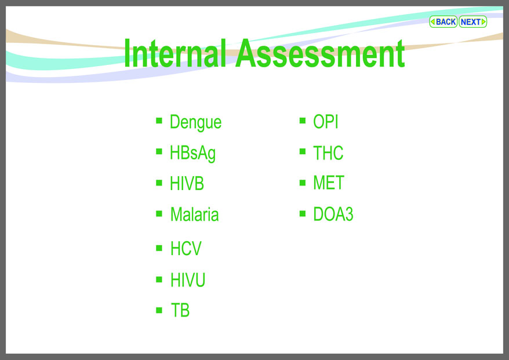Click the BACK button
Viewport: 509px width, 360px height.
pos(443,22)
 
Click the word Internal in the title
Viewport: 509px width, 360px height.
pos(175,53)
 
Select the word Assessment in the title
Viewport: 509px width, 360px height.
pos(320,53)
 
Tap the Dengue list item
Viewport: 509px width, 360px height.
pos(195,122)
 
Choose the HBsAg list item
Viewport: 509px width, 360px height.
pos(192,153)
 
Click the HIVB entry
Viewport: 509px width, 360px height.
pos(187,183)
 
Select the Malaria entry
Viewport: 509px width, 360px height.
pos(194,214)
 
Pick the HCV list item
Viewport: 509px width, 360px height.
pos(186,248)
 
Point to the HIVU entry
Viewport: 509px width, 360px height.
pos(188,279)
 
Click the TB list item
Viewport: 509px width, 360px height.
pos(180,310)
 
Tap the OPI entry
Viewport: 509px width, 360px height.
pos(326,122)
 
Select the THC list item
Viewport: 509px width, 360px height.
pos(328,153)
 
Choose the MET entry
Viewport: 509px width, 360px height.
pos(329,183)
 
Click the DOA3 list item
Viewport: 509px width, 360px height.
pos(333,214)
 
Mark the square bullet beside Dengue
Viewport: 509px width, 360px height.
pos(159,121)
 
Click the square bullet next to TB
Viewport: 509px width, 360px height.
pos(159,310)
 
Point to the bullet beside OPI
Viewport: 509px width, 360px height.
pos(303,121)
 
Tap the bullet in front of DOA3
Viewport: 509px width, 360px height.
pos(303,213)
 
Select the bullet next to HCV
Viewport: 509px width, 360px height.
pos(159,248)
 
